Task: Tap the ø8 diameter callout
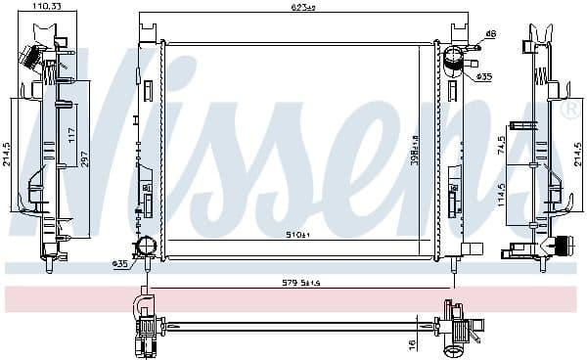tap(490, 34)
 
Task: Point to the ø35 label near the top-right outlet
tap(483, 76)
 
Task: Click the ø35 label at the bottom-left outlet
tap(120, 263)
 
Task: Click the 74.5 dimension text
tap(528, 147)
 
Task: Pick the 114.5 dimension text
tap(529, 190)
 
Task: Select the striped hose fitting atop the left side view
tap(37, 59)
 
